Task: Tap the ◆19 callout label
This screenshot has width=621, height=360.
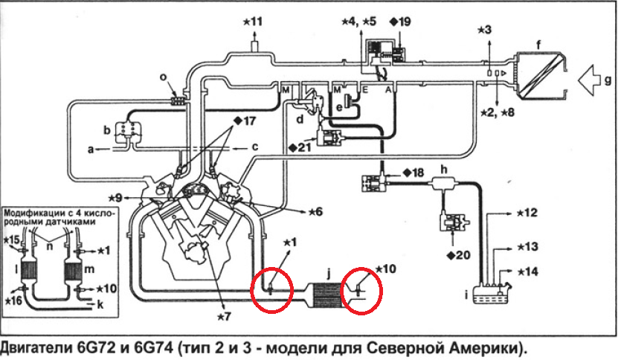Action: [399, 21]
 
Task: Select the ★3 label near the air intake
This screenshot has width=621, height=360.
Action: [483, 29]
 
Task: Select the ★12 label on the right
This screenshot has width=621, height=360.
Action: [525, 213]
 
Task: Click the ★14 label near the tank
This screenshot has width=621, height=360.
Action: [525, 273]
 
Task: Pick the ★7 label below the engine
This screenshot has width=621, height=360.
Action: [224, 315]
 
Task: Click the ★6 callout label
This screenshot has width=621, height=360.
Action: [313, 212]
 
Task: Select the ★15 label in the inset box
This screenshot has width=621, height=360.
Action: [12, 240]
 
